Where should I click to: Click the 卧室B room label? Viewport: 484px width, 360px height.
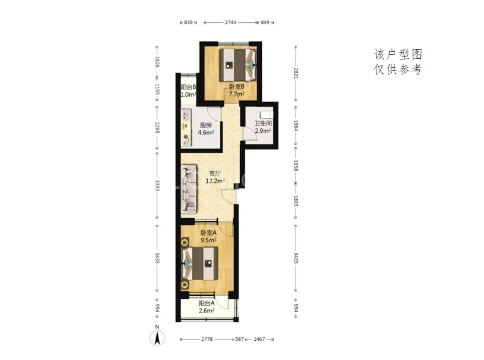(237, 87)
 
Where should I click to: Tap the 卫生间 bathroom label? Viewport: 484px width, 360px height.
(263, 123)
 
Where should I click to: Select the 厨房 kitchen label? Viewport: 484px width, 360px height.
(205, 125)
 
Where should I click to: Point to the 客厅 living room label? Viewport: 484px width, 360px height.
(215, 173)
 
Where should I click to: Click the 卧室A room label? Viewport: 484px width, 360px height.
(208, 233)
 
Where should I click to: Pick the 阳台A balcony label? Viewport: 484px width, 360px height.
(207, 304)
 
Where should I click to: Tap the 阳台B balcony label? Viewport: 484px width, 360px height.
(188, 87)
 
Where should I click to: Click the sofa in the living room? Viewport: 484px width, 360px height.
(189, 189)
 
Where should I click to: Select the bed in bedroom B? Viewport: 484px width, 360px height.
(238, 64)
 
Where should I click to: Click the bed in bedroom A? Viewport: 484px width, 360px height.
(200, 264)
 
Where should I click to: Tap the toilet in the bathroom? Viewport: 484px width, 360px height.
(267, 114)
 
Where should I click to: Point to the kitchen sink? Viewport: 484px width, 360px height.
(186, 115)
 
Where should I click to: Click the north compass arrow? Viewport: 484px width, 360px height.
(157, 337)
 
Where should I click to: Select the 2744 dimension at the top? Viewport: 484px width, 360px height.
(231, 22)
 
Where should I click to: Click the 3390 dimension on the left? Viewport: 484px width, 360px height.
(157, 185)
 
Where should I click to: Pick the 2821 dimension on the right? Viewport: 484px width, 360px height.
(295, 73)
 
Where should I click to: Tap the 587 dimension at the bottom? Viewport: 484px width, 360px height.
(240, 339)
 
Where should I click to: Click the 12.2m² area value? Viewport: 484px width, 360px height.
(215, 181)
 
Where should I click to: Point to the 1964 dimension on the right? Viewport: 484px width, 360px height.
(295, 126)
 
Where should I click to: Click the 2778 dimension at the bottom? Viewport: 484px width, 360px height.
(207, 339)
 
